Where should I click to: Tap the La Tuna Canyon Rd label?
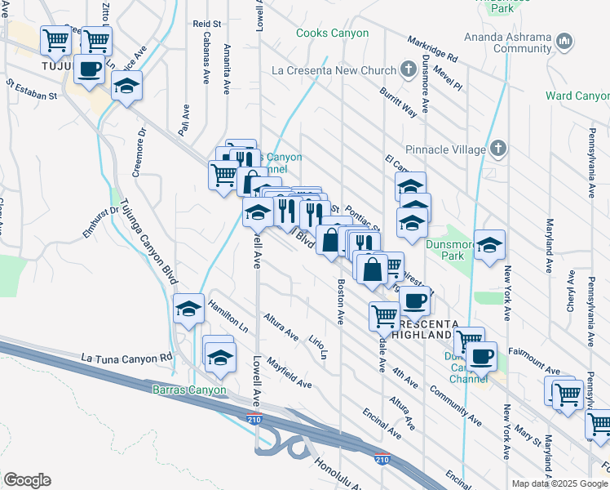pos(127,357)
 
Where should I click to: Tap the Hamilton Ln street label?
pos(228,314)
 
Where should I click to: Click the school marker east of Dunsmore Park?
pos(488,245)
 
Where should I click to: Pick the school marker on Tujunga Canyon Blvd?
pos(189,310)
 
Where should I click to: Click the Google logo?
pos(27,480)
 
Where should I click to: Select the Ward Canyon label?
pos(578,96)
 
